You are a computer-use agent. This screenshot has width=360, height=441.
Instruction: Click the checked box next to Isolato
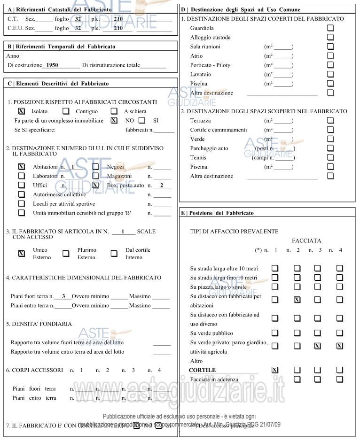tap(21, 111)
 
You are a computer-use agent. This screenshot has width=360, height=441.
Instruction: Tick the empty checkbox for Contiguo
tap(66, 111)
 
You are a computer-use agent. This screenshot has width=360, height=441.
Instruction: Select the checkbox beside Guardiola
tap(330, 28)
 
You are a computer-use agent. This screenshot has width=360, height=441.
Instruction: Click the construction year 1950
tap(49, 65)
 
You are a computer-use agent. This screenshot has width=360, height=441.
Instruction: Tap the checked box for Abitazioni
tap(21, 167)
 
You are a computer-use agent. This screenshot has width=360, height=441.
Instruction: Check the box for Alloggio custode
tap(330, 38)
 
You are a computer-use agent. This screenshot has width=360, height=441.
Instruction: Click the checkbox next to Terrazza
tap(330, 121)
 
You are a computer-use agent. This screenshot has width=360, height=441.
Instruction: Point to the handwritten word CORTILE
tap(202, 370)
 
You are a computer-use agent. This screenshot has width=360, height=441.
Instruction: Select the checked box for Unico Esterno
tap(21, 254)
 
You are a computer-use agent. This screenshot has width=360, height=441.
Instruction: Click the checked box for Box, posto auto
tap(95, 185)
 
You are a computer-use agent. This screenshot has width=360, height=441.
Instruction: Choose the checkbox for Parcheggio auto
tap(330, 148)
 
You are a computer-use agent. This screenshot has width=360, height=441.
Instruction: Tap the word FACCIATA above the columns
tap(306, 240)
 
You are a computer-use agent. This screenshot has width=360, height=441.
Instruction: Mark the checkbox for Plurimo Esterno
tap(66, 254)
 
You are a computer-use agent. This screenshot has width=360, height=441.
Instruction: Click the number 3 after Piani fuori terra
tap(63, 296)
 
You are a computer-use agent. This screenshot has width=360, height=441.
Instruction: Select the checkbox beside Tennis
tap(330, 158)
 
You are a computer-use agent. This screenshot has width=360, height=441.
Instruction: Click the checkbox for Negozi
tap(95, 167)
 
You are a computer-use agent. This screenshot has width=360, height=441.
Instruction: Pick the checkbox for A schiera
tap(114, 111)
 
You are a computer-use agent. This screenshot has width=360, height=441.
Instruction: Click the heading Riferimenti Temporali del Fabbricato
tap(62, 47)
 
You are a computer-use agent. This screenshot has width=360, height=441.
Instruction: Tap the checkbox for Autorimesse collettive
tap(21, 194)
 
